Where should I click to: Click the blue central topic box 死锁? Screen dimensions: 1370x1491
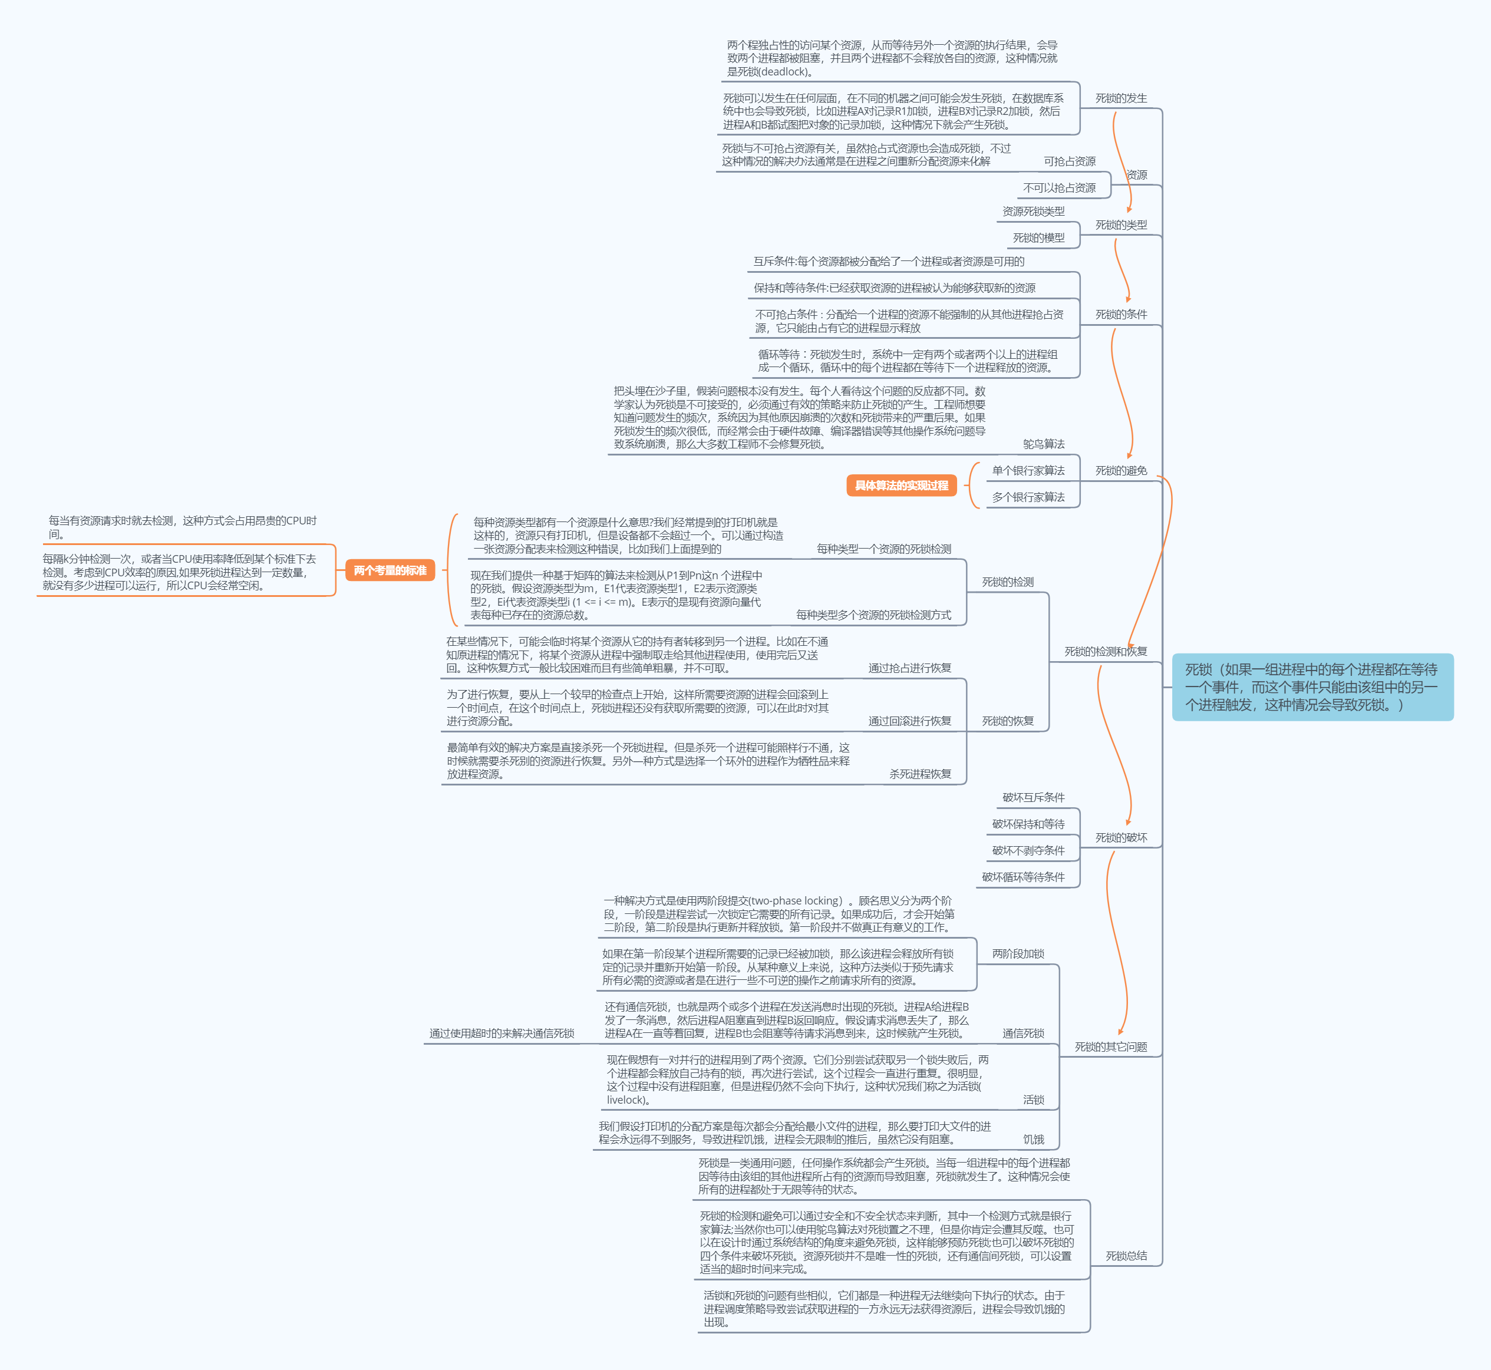tap(1312, 686)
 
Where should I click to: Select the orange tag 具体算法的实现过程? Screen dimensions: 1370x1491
tap(901, 486)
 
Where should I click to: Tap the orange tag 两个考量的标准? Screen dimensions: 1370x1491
tap(390, 570)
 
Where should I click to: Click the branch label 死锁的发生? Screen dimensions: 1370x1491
tap(1120, 98)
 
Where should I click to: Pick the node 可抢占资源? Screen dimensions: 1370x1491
tap(1069, 161)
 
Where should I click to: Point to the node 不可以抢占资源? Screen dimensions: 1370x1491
tap(1059, 187)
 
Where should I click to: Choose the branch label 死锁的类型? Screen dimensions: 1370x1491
tap(1120, 225)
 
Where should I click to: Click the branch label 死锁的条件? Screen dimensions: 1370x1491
tap(1120, 314)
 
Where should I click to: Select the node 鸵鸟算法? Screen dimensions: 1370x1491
tap(1043, 444)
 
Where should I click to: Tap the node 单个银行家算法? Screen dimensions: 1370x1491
tap(1028, 471)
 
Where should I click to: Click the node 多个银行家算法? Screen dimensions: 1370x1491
tap(1028, 497)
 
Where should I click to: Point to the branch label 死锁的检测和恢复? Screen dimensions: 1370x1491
tap(1105, 652)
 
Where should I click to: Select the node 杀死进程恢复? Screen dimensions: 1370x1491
tap(919, 774)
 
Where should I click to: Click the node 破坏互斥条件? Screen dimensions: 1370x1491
tap(1033, 798)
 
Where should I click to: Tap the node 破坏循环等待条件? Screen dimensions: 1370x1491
tap(1022, 877)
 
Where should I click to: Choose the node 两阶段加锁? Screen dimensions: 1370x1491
tap(1017, 954)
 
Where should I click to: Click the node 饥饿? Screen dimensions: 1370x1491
tap(1033, 1140)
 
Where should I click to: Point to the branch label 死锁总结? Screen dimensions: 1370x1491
tap(1126, 1256)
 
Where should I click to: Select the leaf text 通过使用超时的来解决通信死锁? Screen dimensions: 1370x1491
tap(501, 1034)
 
